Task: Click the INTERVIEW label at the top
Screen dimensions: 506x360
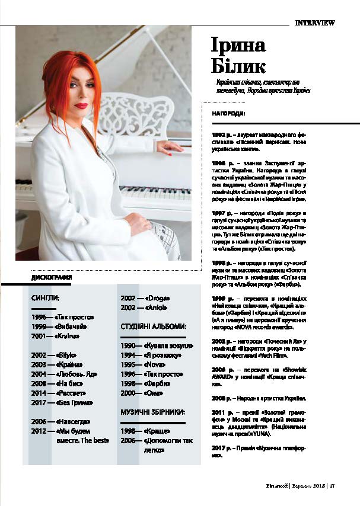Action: pyautogui.click(x=315, y=23)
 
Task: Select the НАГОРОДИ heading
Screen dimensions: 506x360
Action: pyautogui.click(x=229, y=112)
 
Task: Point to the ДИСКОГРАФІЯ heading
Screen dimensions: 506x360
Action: pyautogui.click(x=52, y=277)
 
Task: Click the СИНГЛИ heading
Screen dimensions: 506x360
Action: pyautogui.click(x=46, y=299)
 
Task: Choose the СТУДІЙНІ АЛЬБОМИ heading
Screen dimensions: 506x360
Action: pyautogui.click(x=154, y=326)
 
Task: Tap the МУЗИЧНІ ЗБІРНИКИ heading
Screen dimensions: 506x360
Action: pyautogui.click(x=154, y=411)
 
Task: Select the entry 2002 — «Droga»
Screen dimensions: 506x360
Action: pyautogui.click(x=145, y=298)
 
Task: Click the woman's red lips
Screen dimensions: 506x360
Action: pyautogui.click(x=81, y=105)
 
